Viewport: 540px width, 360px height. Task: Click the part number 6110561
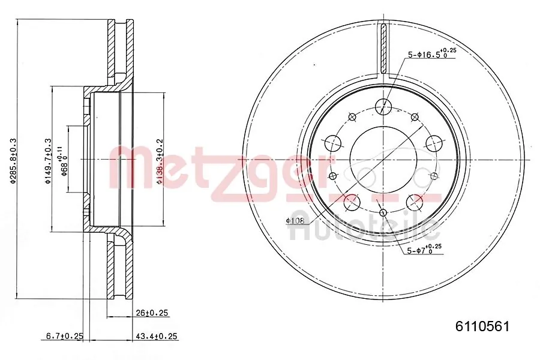482,326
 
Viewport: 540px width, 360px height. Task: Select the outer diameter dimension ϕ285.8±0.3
13,160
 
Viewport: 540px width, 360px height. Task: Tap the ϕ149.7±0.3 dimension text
48,160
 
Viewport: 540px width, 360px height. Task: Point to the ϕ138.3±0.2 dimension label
159,160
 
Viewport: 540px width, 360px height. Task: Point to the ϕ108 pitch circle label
295,221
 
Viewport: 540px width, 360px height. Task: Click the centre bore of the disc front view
383,159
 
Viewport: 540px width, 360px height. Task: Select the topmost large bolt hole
383,107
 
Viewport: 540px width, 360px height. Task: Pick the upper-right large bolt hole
433,143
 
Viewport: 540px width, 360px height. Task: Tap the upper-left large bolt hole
334,143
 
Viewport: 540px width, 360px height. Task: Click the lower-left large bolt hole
352,202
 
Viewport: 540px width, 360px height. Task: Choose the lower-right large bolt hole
414,202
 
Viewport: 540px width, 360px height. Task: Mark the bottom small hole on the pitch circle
383,212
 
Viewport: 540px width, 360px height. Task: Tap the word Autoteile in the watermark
365,227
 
